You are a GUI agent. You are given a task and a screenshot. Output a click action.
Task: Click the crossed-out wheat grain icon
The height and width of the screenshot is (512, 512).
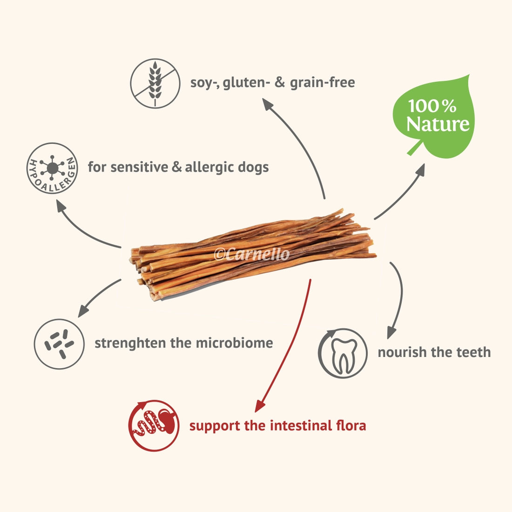[x=155, y=83]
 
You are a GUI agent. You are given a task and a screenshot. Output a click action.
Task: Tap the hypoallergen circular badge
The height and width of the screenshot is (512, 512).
[x=52, y=168]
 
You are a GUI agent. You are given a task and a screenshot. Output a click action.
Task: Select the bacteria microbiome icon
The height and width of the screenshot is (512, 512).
[x=59, y=344]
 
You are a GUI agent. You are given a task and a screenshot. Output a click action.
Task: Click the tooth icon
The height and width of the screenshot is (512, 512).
[x=343, y=353]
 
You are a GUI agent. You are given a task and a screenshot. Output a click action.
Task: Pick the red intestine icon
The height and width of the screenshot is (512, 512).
[x=154, y=426]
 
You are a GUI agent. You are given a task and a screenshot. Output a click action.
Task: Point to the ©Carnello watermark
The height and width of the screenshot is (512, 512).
[x=251, y=254]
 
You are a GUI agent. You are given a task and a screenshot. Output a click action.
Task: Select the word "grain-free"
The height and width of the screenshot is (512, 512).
[x=322, y=82]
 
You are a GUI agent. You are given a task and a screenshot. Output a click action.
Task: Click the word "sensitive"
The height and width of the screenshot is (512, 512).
[x=140, y=167]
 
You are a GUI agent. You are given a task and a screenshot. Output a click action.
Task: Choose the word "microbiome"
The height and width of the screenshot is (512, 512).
[x=235, y=343]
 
